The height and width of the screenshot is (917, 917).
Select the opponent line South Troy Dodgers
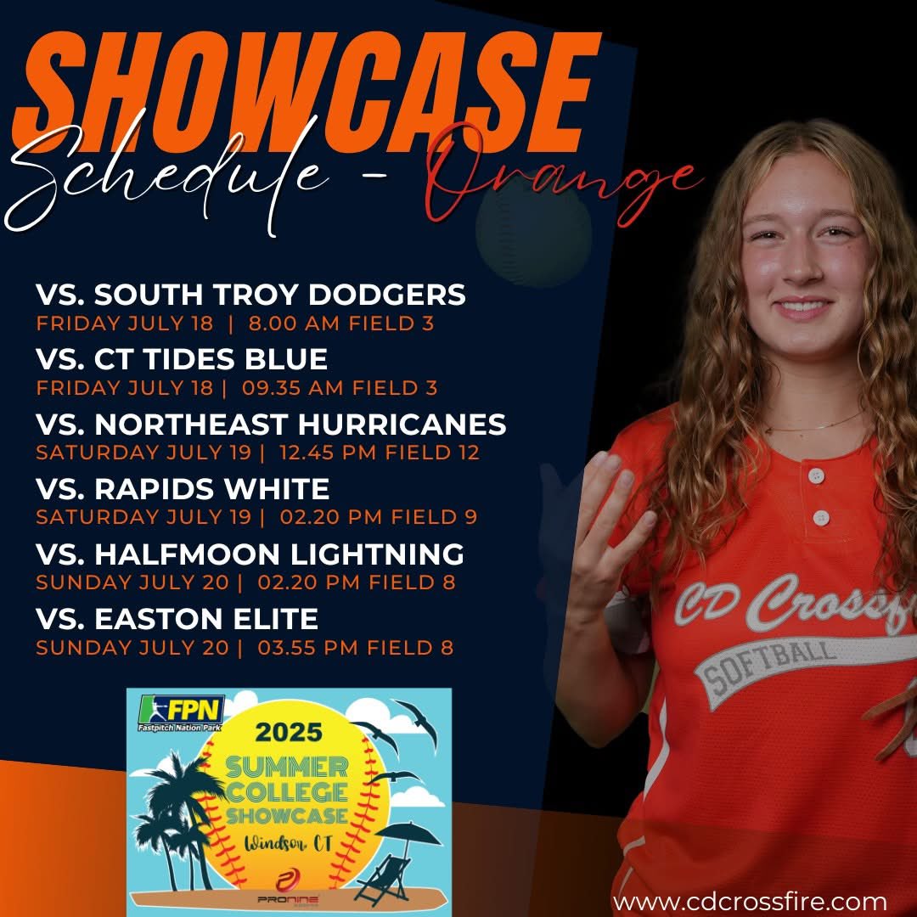tap(250, 295)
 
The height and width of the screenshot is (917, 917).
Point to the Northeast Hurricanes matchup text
tap(271, 424)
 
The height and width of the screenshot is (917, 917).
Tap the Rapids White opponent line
tap(183, 489)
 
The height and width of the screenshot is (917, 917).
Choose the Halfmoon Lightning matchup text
tap(250, 554)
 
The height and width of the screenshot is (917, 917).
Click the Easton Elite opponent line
tap(177, 619)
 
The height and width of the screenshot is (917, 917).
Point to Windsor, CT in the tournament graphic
tap(289, 845)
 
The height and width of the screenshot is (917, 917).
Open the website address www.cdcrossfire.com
tap(750, 900)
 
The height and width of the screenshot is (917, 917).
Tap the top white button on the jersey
tap(816, 475)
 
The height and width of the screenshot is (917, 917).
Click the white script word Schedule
tap(170, 183)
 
